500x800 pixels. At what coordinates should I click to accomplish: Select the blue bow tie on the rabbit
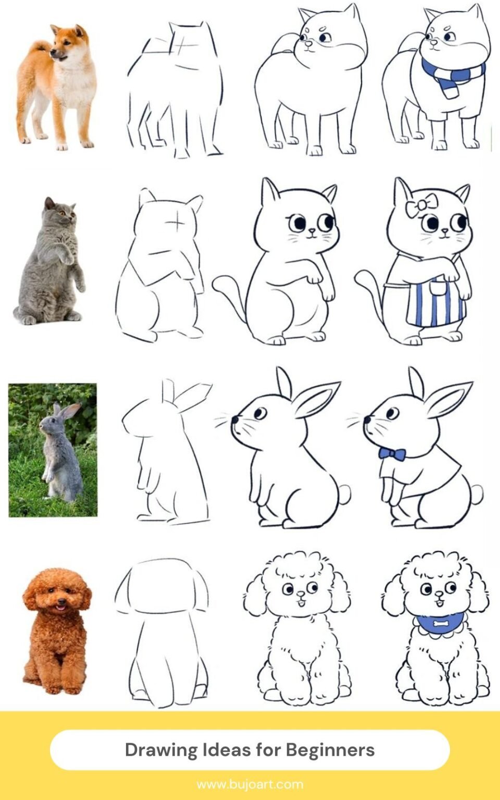tap(392, 454)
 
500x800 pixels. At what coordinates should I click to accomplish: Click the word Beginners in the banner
tap(330, 750)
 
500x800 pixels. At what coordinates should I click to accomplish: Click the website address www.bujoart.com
tap(250, 784)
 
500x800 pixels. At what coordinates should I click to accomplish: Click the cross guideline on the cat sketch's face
tap(177, 224)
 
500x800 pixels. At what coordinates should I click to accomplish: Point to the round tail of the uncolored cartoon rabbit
tap(344, 493)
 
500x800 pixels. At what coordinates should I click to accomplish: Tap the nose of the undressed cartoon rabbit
tap(235, 419)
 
